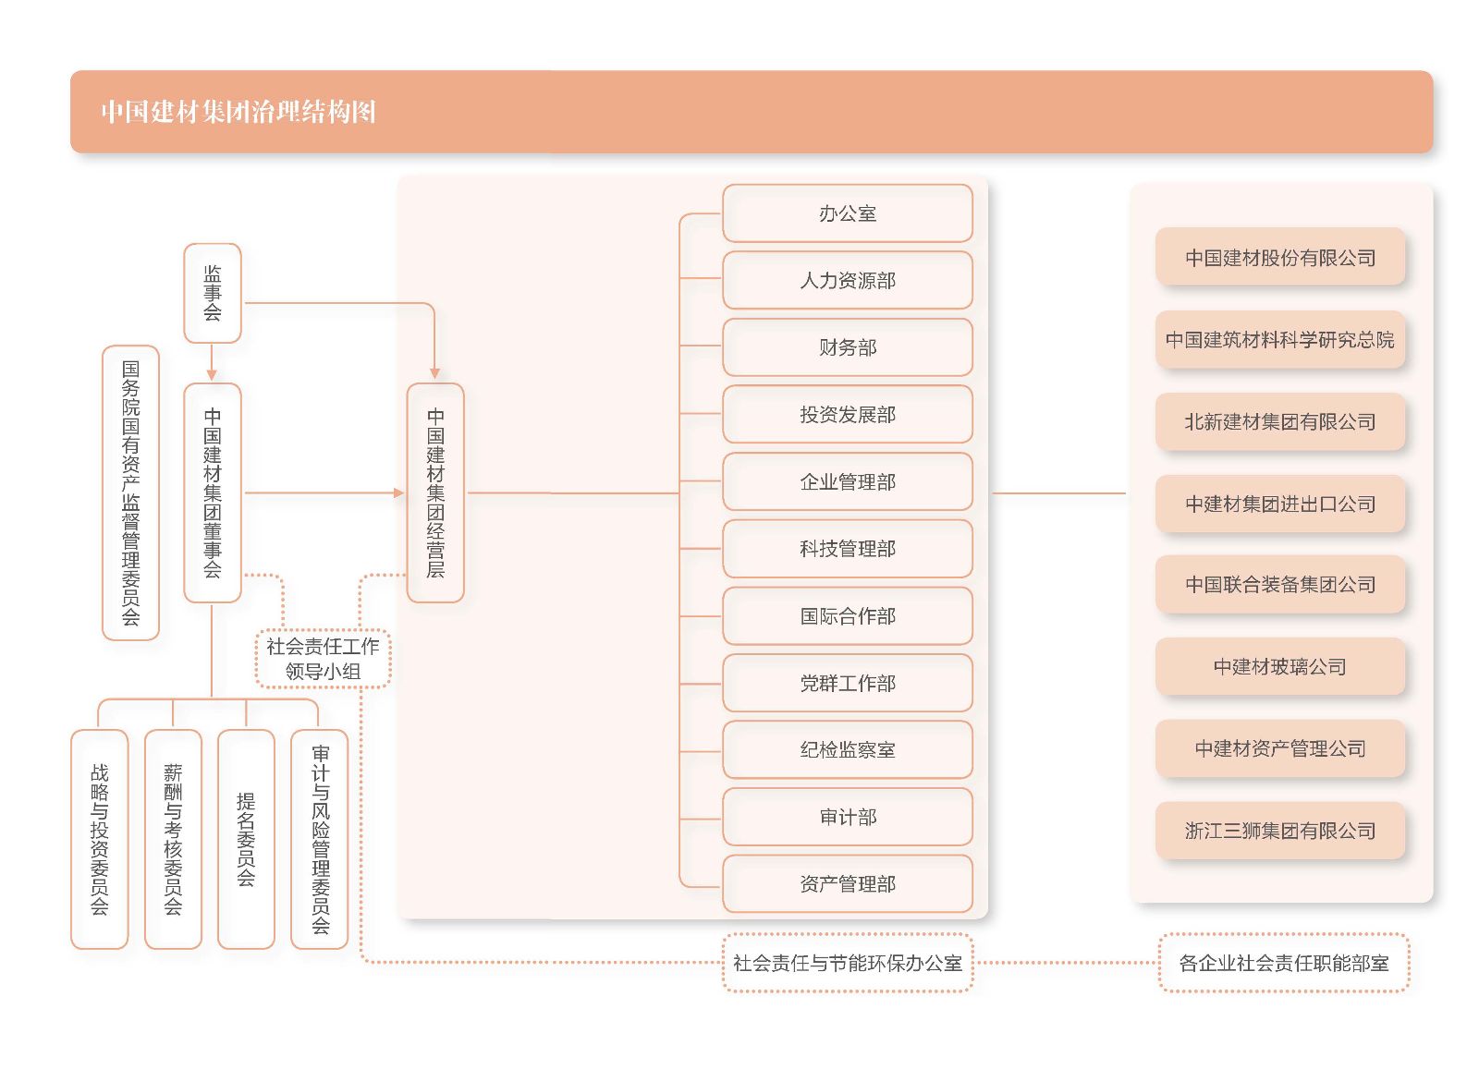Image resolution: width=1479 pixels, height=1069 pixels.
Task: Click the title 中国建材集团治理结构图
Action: click(x=238, y=112)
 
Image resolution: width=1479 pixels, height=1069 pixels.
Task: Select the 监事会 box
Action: click(x=213, y=293)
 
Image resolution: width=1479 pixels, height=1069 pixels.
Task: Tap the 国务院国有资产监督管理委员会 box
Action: click(x=130, y=492)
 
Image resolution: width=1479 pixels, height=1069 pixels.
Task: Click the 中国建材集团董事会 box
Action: click(x=213, y=492)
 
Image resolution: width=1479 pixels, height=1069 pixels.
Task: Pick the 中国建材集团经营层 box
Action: click(x=435, y=492)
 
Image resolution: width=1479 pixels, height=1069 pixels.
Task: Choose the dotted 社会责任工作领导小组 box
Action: click(x=323, y=659)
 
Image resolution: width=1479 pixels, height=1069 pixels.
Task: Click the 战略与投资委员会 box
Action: click(x=99, y=838)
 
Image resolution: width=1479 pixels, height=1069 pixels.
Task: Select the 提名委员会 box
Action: click(x=246, y=838)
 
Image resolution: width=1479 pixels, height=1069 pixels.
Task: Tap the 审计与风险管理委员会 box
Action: click(x=320, y=838)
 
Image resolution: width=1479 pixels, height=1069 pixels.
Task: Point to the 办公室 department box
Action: click(x=847, y=213)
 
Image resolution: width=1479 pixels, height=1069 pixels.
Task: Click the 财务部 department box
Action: click(x=847, y=347)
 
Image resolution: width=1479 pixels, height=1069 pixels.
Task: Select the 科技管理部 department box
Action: click(x=847, y=549)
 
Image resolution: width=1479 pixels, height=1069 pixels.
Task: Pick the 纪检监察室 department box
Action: click(x=847, y=749)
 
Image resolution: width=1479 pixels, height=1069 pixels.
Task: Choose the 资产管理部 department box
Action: click(x=847, y=884)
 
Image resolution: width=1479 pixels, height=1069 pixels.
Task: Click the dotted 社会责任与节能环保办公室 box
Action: click(x=847, y=963)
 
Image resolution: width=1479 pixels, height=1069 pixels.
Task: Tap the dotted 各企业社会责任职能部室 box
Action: click(x=1283, y=963)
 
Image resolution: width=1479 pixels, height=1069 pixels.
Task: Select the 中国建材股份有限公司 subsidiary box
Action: click(x=1279, y=258)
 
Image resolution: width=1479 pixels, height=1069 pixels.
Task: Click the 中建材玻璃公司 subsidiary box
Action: click(x=1279, y=666)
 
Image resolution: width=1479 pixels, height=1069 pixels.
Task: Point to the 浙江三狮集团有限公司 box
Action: click(x=1279, y=831)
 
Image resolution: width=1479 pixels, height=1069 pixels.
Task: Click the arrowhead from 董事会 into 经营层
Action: click(x=399, y=492)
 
